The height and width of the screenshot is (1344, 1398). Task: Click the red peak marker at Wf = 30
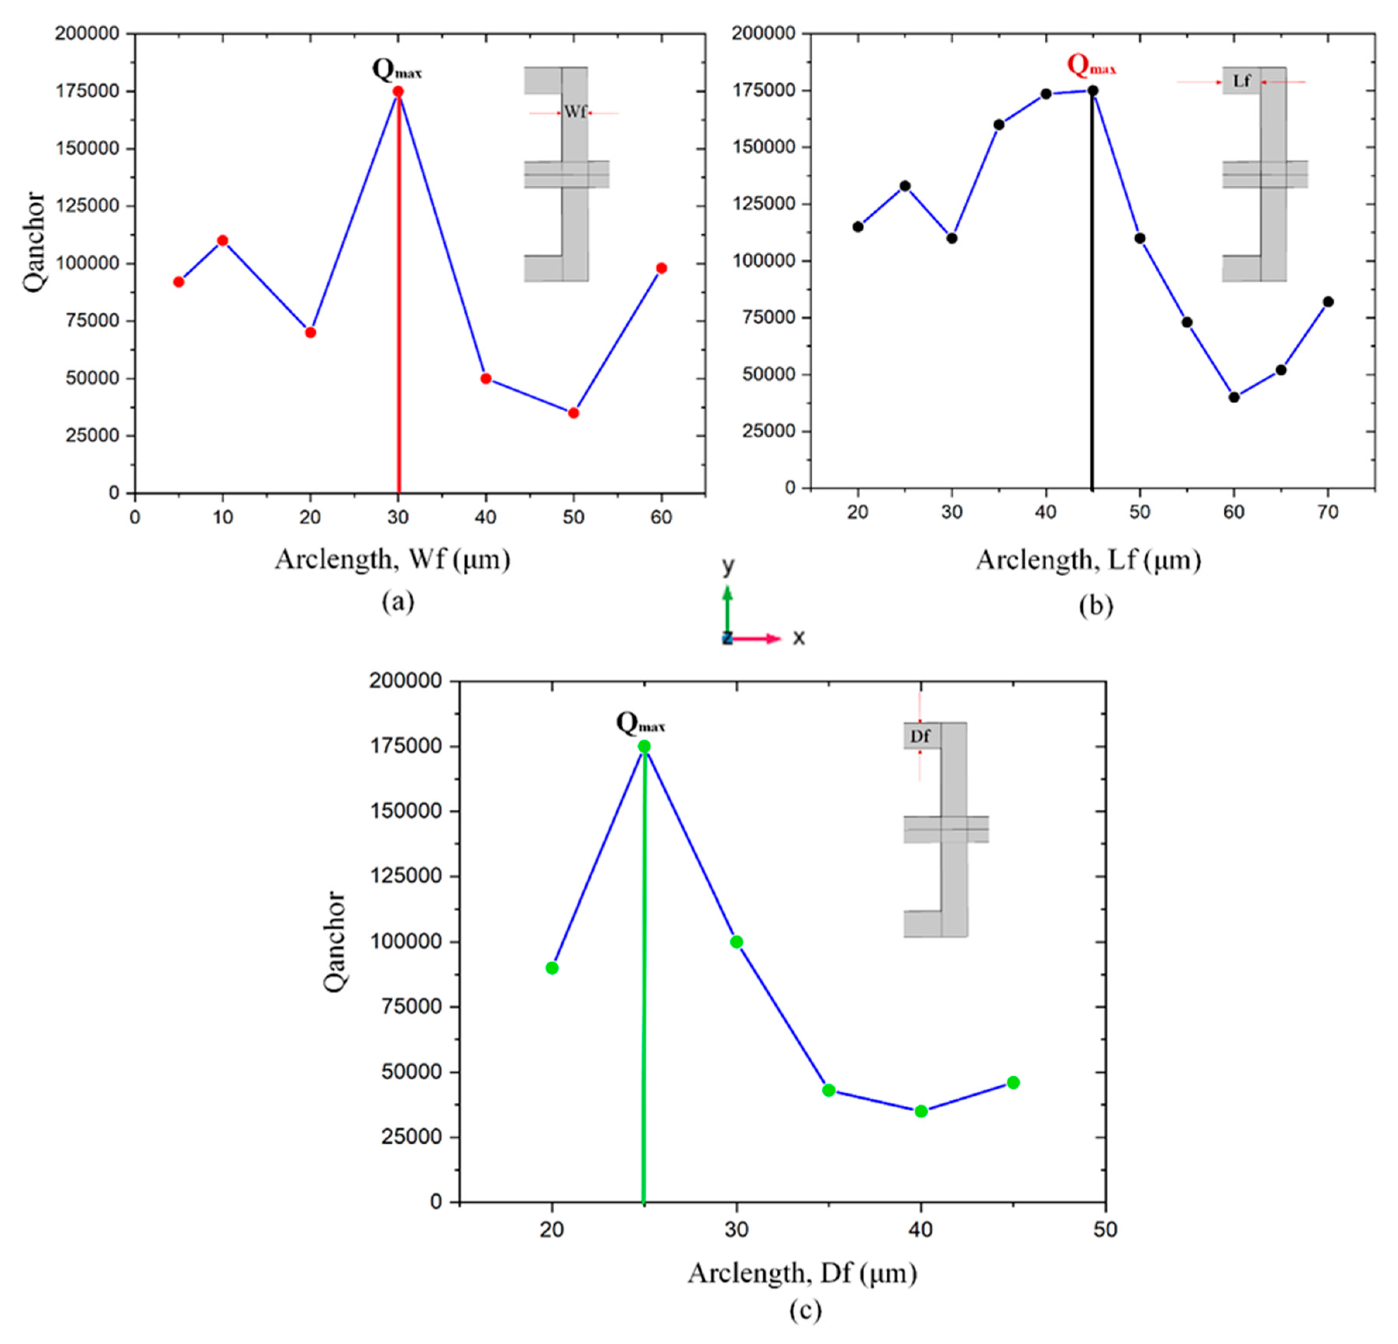[x=398, y=91]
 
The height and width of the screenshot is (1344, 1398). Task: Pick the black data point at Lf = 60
[x=1234, y=398]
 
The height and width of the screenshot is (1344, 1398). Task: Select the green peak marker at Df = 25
[x=644, y=746]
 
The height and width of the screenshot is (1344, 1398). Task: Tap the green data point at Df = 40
[x=921, y=1111]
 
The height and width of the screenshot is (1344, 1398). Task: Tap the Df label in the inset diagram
[x=920, y=735]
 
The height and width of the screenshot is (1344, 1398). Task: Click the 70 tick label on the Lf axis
[x=1327, y=512]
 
